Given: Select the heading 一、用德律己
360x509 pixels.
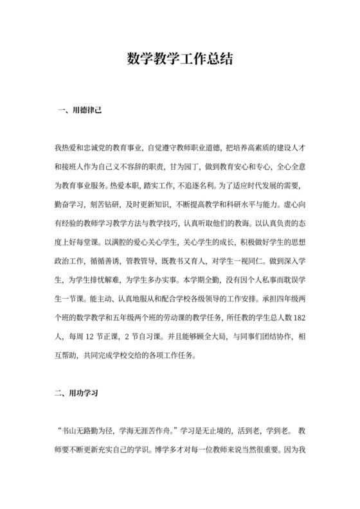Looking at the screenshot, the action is click(x=79, y=111).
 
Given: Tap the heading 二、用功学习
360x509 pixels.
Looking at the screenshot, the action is click(x=79, y=391).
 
